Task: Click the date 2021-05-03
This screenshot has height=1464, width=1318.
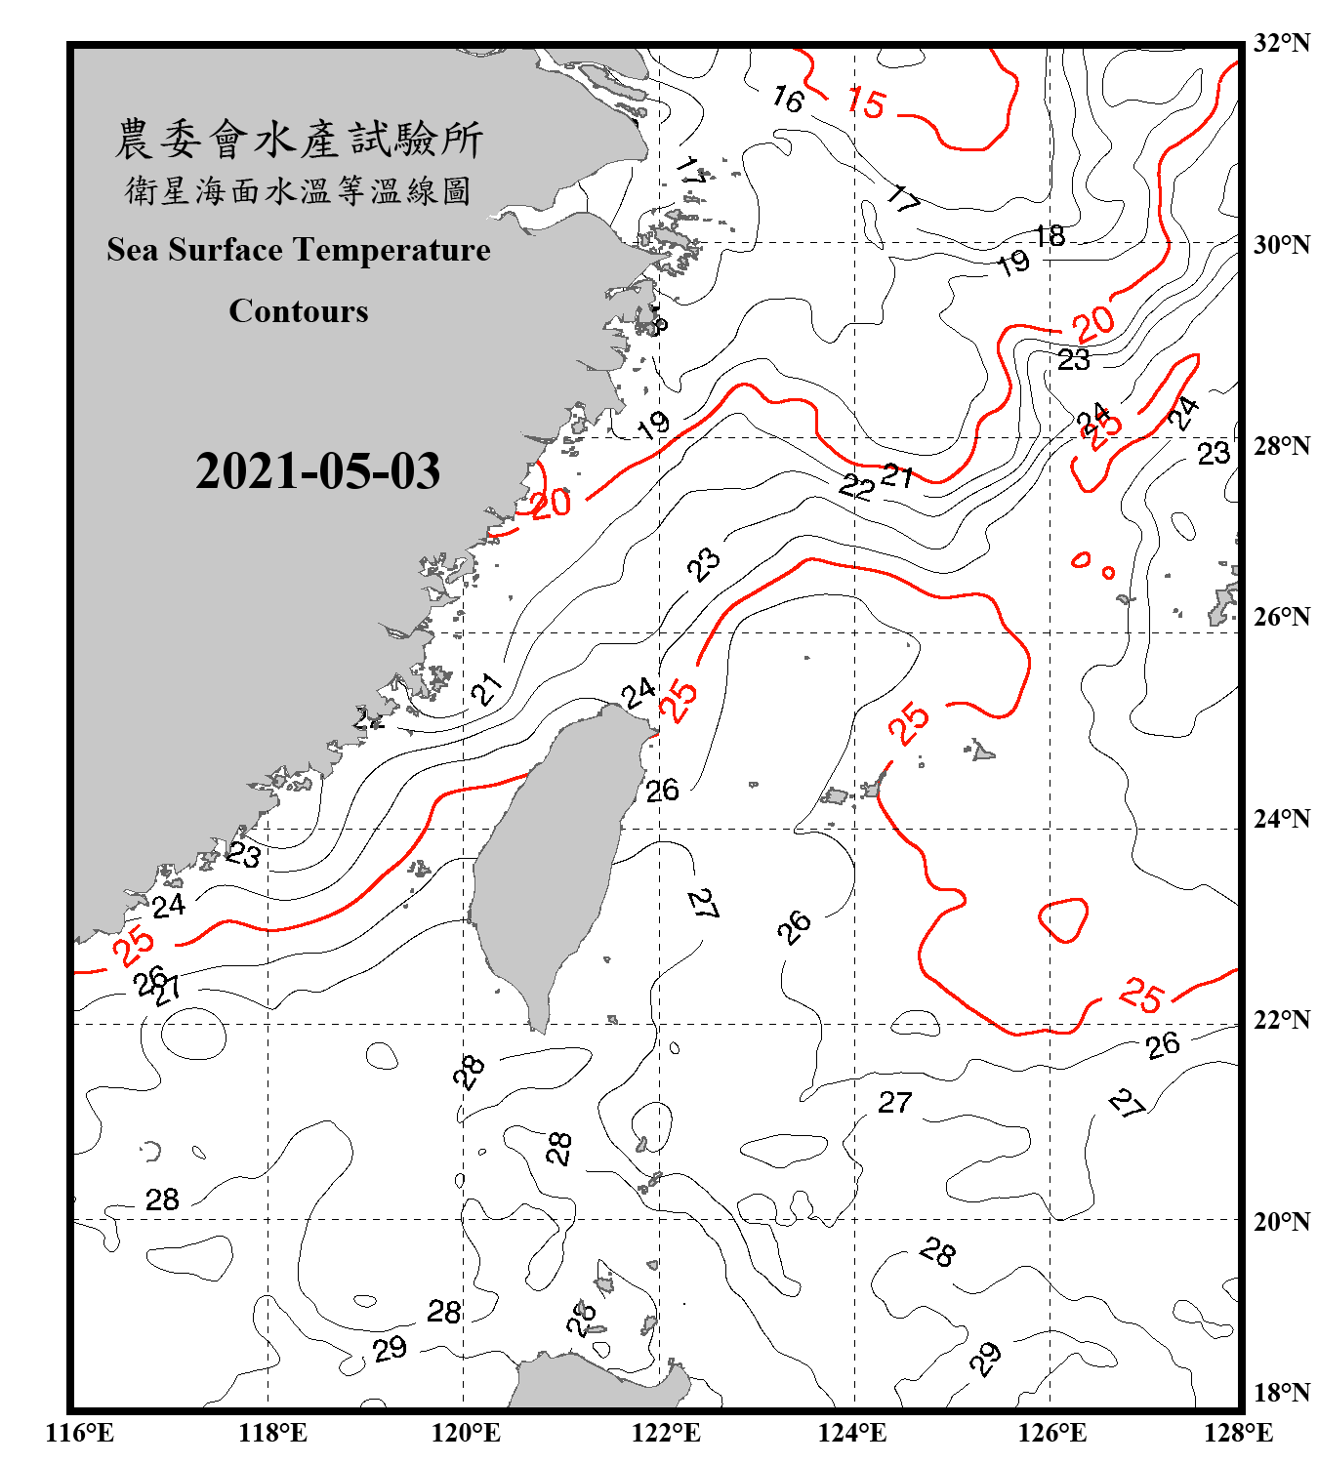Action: coord(317,471)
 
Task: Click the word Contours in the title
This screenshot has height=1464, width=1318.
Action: coord(299,311)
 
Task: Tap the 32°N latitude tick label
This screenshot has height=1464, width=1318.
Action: coord(1282,43)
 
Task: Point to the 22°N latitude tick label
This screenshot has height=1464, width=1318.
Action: coord(1282,1020)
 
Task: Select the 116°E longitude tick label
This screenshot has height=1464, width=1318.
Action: coord(80,1433)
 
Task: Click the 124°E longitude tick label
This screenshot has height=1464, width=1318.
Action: coord(852,1433)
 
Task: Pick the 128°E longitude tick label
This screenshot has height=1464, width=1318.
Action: coord(1238,1433)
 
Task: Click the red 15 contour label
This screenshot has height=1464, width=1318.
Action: coord(866,102)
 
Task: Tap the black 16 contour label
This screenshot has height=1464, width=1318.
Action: coord(787,99)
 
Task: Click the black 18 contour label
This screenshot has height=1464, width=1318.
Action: coord(1050,236)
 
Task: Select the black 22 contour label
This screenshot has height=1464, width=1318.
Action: coord(856,486)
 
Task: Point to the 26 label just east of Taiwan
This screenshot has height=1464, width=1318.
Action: coord(663,791)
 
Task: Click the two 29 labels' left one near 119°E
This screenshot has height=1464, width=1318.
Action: coord(390,1349)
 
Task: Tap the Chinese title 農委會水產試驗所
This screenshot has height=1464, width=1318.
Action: coord(299,140)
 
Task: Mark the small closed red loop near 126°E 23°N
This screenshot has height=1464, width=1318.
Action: coord(1064,919)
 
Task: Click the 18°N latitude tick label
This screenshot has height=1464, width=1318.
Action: coord(1282,1393)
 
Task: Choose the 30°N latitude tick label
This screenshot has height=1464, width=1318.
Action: coord(1282,245)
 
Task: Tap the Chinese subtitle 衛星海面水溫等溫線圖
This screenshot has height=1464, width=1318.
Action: coord(299,191)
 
